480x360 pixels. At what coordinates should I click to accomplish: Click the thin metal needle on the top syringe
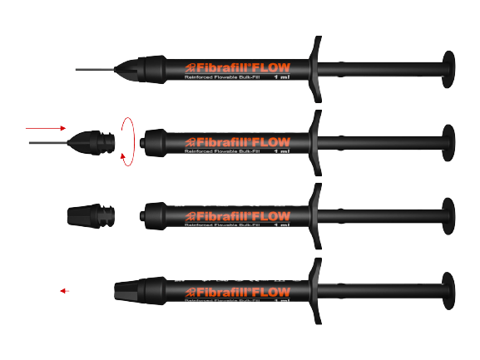point(96,68)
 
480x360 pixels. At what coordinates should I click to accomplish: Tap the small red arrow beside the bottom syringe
point(65,291)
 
